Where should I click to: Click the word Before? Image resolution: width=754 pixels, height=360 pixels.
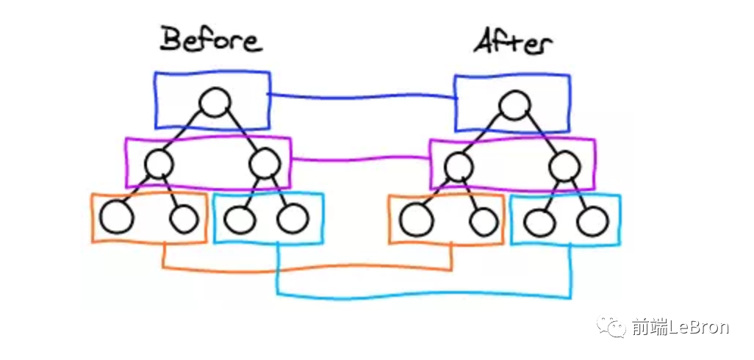(x=211, y=40)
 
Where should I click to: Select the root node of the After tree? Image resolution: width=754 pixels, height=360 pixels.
(x=514, y=106)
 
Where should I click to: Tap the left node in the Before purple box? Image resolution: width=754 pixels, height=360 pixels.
(x=159, y=163)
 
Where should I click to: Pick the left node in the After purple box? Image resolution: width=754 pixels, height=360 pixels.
(x=459, y=167)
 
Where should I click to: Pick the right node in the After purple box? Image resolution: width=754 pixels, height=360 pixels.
(x=564, y=166)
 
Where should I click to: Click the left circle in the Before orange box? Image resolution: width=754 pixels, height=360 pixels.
(x=116, y=217)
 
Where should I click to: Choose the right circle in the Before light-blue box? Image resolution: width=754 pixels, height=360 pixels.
(x=292, y=217)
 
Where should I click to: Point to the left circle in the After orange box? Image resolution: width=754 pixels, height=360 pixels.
(x=417, y=219)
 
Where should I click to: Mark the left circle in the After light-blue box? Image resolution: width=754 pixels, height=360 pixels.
(x=539, y=221)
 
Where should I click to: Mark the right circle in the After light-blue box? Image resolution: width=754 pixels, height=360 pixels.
(x=592, y=220)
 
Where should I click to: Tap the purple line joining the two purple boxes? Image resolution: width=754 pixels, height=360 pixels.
(x=360, y=159)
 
